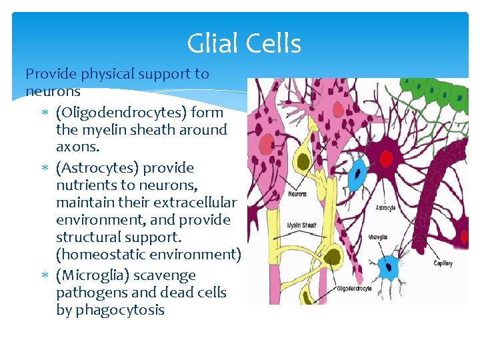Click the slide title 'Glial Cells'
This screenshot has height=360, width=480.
point(244,44)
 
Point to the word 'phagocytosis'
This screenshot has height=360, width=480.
point(120,310)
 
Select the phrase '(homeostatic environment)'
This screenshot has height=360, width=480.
point(149,254)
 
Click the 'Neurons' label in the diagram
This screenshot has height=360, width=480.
point(297,194)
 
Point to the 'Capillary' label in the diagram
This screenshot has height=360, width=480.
point(443,263)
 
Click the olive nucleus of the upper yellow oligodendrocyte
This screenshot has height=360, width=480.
point(303,161)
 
